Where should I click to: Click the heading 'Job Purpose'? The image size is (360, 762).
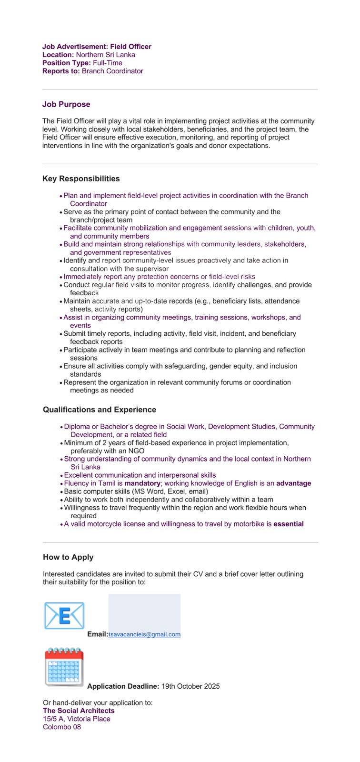[x=66, y=104]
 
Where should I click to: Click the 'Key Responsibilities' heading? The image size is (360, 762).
[x=81, y=179]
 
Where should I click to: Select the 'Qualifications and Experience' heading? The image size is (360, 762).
[x=100, y=410]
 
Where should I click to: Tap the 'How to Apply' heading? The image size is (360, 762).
[x=68, y=557]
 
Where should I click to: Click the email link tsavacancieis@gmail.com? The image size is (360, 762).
[x=144, y=634]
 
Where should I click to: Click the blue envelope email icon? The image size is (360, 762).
[x=64, y=615]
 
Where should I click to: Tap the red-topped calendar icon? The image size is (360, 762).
[x=64, y=667]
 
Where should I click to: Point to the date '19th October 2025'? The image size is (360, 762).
[x=190, y=686]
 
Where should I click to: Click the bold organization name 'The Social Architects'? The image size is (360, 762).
[x=79, y=711]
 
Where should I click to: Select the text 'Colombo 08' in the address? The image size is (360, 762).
[x=62, y=727]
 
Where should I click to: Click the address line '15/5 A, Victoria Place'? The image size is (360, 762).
[x=77, y=719]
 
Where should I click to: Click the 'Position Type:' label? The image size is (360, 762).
[x=67, y=63]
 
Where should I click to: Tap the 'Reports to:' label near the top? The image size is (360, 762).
[x=61, y=71]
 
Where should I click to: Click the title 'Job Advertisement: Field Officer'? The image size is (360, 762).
[x=97, y=47]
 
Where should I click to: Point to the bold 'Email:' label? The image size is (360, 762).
[x=98, y=634]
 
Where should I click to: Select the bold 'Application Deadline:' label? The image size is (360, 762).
[x=123, y=686]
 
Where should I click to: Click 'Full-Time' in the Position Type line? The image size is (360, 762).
[x=108, y=63]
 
